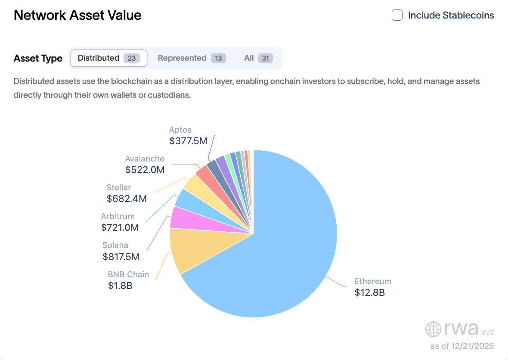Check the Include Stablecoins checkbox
397,16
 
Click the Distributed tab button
108,58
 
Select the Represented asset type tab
192,58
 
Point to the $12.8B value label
369,293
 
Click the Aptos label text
180,130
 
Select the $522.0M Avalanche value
145,170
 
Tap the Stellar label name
119,187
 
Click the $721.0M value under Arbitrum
120,227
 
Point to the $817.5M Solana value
121,257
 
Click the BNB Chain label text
128,274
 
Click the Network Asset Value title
77,16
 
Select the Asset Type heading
38,59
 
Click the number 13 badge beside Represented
218,58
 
